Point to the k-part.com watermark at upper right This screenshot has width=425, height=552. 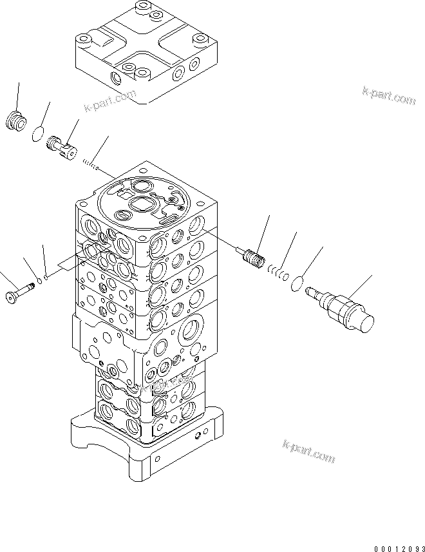390,97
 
